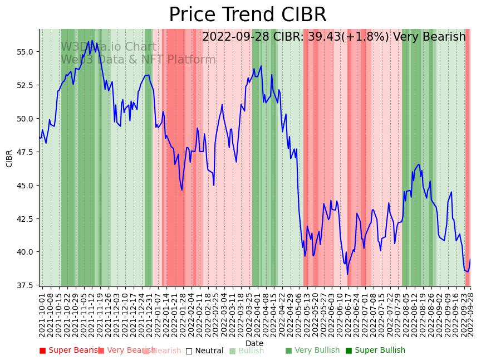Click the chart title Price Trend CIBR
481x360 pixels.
[247, 15]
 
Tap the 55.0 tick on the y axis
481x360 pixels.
[25, 52]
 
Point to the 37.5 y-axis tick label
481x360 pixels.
[25, 285]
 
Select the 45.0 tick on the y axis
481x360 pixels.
[25, 186]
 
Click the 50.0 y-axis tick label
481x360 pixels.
[25, 119]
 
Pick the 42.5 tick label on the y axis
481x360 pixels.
[25, 218]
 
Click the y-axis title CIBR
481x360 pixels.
[9, 158]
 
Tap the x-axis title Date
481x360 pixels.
[254, 343]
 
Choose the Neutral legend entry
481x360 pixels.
[204, 351]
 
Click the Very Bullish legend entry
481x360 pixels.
[312, 351]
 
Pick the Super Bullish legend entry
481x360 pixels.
[375, 351]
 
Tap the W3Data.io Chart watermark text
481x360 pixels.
[109, 47]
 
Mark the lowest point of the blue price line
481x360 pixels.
[347, 274]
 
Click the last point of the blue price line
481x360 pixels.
[470, 259]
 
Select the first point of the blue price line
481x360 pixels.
[40, 138]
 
